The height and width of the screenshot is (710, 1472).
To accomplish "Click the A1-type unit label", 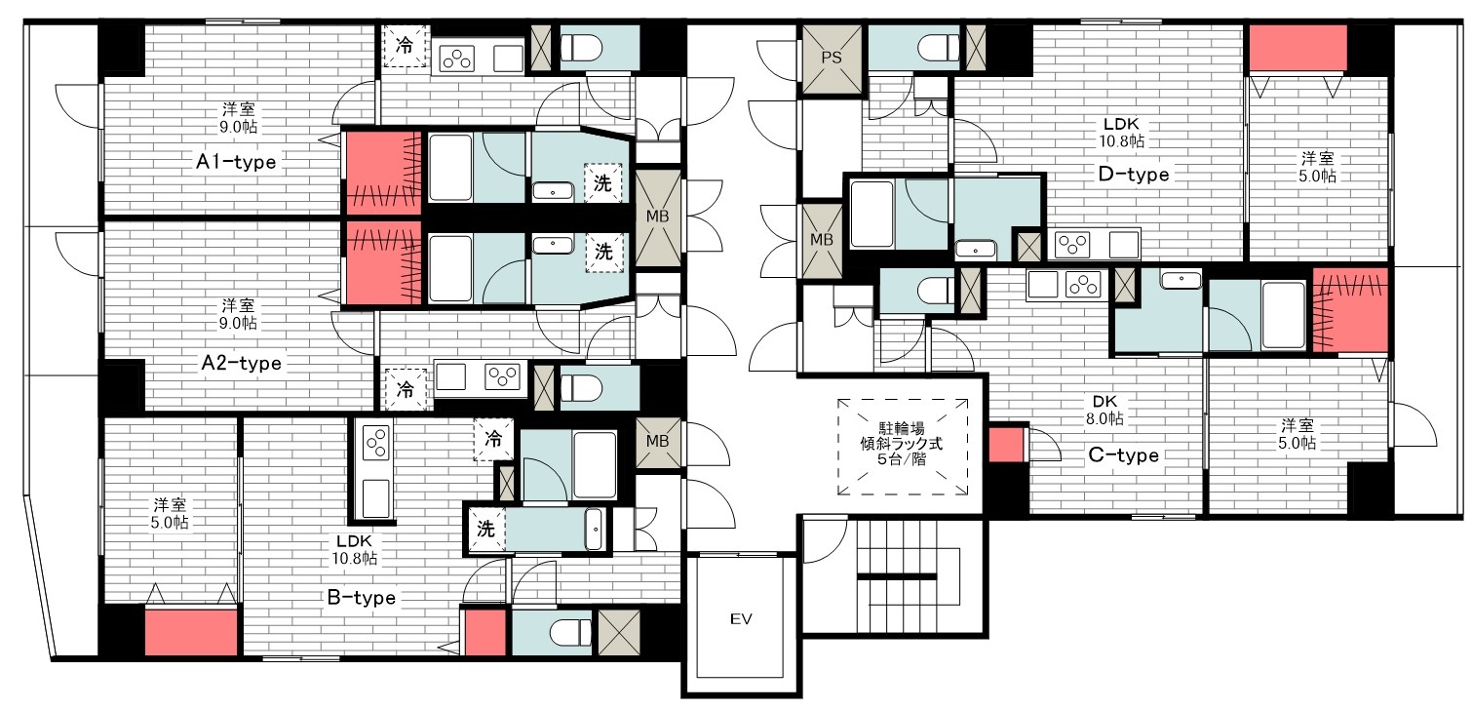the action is click(236, 162).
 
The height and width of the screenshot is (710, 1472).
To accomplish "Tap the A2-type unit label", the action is click(241, 363).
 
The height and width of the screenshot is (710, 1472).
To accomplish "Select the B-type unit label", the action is click(362, 598).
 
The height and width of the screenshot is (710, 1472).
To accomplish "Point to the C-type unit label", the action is click(1124, 454).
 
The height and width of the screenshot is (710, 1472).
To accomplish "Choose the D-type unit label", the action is click(1135, 175).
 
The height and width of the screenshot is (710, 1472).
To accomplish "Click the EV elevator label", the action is click(741, 618).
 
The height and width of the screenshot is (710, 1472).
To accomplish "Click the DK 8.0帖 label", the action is click(1104, 410).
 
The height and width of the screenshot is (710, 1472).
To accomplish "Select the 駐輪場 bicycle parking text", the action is click(902, 428).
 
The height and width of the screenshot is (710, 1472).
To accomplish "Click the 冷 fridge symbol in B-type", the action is click(493, 439).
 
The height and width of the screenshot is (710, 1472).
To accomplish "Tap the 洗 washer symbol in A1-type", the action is click(602, 183).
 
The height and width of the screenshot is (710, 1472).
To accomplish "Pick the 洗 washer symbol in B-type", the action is click(485, 529).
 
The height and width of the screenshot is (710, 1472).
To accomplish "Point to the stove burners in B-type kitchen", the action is click(376, 443).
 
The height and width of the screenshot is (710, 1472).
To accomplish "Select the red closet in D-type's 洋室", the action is click(1298, 48).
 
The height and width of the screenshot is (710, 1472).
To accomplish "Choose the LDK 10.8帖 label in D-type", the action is click(1121, 132).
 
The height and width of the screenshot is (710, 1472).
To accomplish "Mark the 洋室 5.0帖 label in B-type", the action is click(171, 513).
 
